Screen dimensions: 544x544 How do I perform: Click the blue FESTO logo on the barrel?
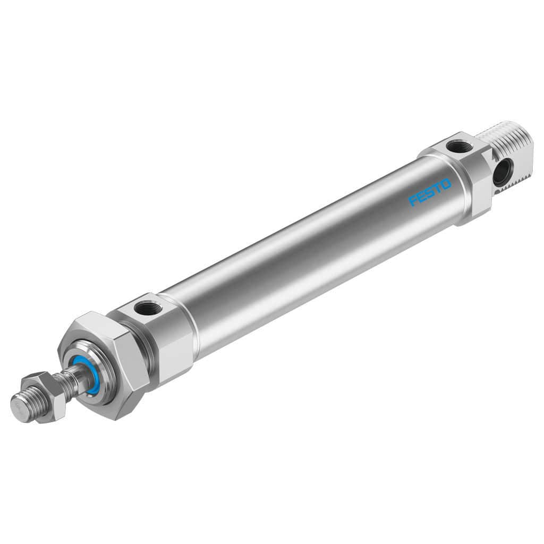tap(430, 192)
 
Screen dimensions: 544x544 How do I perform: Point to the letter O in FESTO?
tap(446, 184)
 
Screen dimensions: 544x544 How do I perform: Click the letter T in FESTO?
tap(438, 188)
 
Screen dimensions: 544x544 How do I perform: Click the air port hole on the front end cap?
tap(144, 307)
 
